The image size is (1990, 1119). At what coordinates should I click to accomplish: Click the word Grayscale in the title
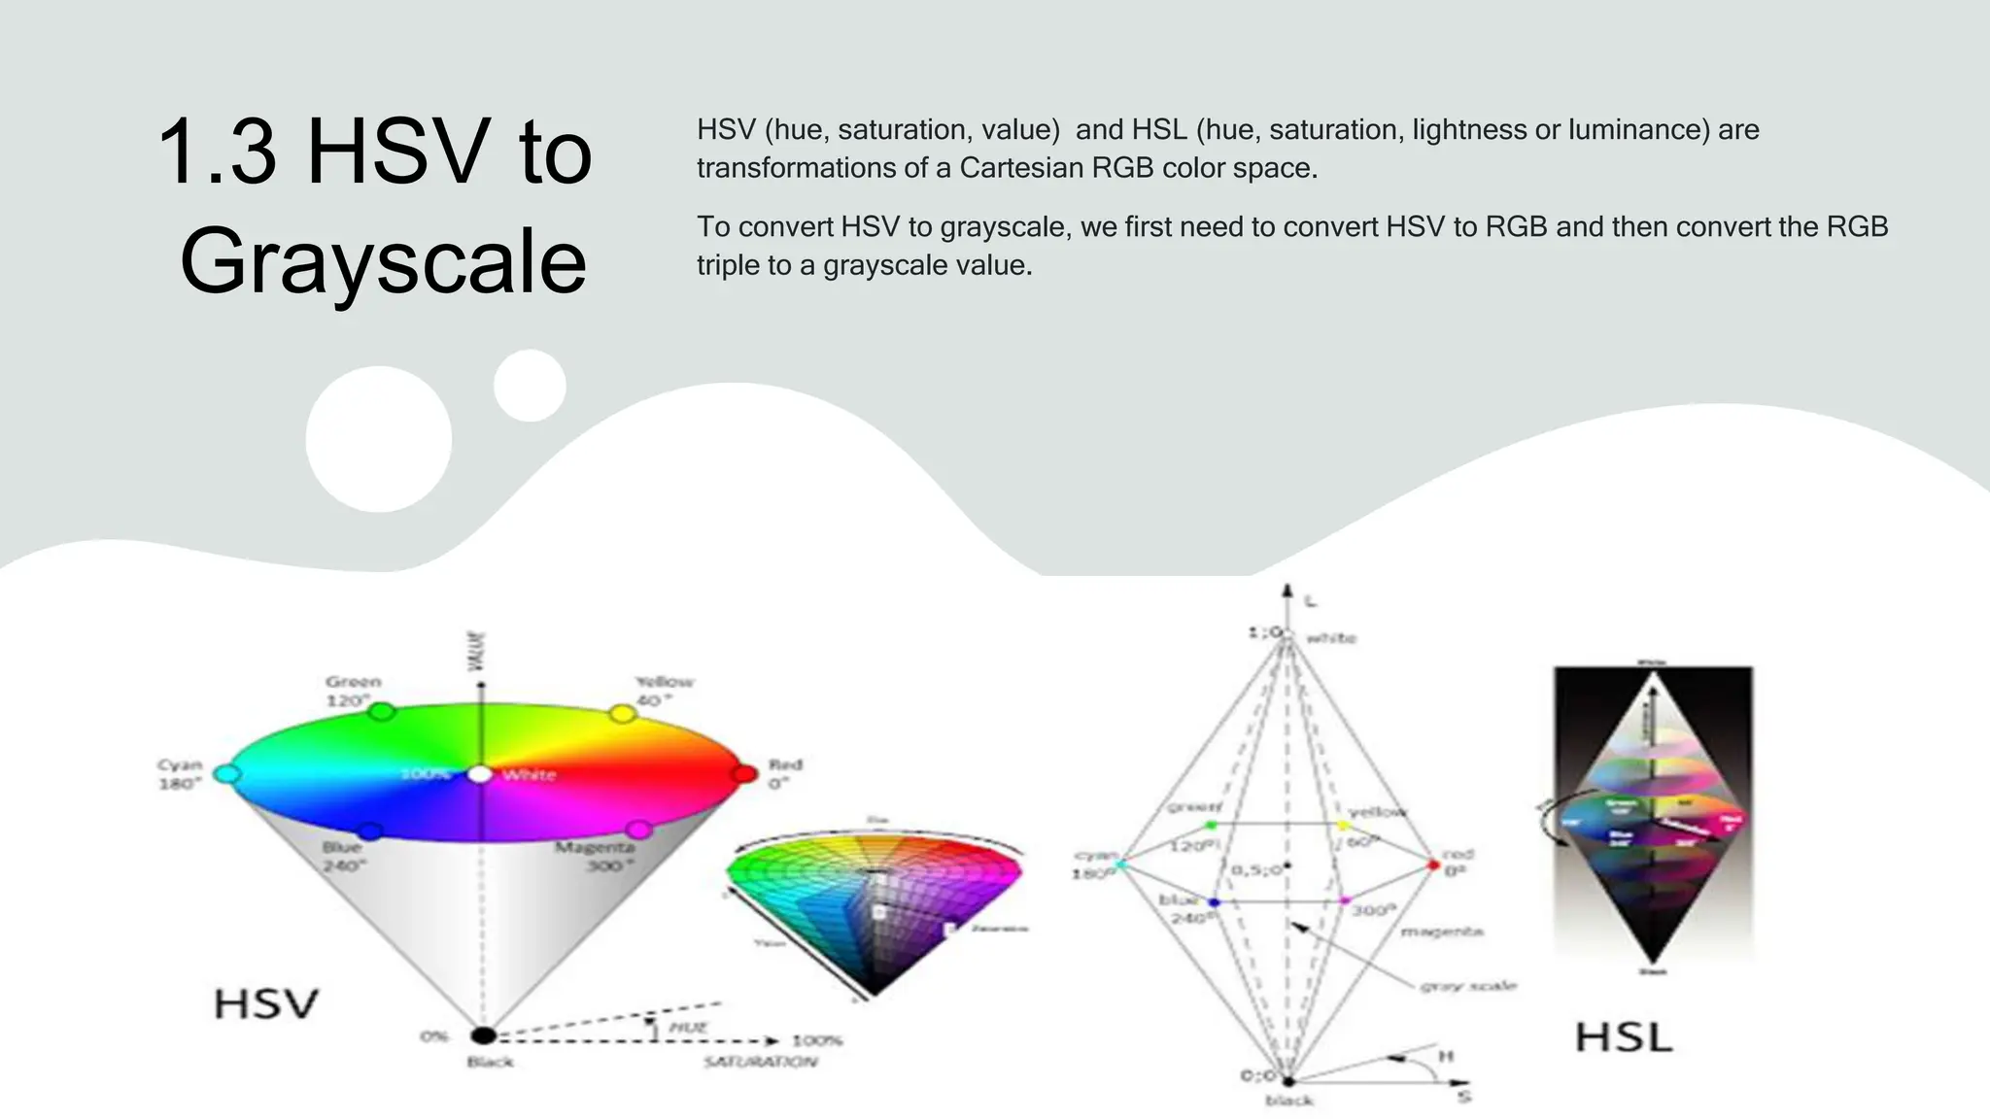pos(383,261)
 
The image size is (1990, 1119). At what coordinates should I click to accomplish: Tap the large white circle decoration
pos(379,439)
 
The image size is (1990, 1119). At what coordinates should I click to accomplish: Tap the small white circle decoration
pos(530,386)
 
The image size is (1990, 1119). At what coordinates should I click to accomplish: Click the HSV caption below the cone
pos(265,1004)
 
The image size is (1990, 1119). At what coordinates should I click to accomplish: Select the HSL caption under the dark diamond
pos(1623,1037)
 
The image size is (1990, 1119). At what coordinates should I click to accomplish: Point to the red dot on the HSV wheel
pos(744,774)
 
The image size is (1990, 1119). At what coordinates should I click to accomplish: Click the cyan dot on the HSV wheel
pos(225,774)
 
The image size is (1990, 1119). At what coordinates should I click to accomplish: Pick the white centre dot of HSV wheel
pos(480,774)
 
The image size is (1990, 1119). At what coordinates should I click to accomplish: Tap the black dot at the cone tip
pos(483,1035)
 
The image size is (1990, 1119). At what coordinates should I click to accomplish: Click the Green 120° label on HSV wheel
pos(352,691)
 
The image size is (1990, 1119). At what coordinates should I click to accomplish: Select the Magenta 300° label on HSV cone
pos(595,856)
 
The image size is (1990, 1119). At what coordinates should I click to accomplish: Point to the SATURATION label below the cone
pos(761,1062)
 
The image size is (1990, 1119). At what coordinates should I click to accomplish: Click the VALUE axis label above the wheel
pos(477,651)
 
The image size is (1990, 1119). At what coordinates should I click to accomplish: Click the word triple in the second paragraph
pos(729,265)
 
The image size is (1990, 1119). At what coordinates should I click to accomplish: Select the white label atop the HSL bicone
pos(1331,638)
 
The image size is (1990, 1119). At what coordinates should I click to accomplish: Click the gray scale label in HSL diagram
pos(1467,985)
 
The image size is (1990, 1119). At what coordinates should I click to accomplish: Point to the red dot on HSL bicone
pos(1433,865)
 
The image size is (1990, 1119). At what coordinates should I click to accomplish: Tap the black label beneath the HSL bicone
pos(1288,1101)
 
